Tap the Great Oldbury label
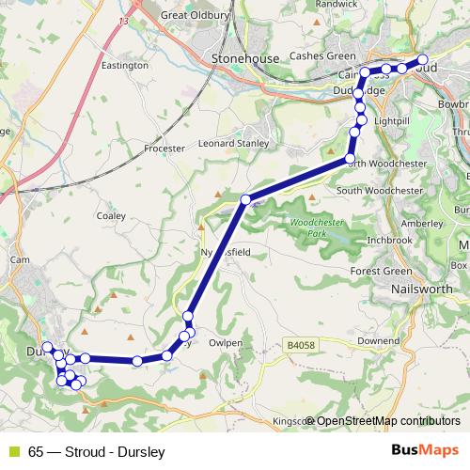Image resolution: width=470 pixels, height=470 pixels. point(196,15)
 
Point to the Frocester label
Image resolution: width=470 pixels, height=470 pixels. point(165,148)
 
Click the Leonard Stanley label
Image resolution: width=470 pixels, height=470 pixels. point(234,144)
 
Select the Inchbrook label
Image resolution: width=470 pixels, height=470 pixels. point(390,240)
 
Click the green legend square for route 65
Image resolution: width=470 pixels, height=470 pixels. point(14,450)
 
